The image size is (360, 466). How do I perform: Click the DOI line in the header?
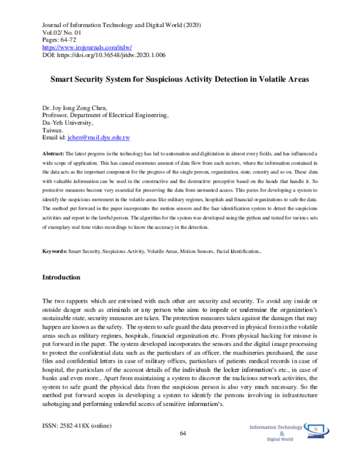tap(103, 55)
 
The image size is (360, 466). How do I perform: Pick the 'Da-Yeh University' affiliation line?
tap(68, 123)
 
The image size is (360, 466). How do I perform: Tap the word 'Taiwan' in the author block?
tap(52, 130)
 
